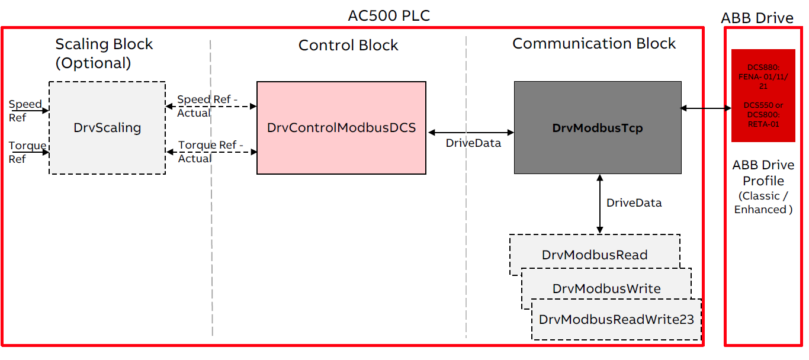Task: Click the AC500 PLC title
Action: (x=389, y=15)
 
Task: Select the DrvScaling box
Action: (x=107, y=127)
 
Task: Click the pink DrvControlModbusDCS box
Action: (x=341, y=127)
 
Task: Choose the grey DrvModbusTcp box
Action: (x=597, y=128)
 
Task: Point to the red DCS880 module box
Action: (x=763, y=95)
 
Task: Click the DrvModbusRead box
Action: (x=594, y=255)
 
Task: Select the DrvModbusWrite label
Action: (x=606, y=288)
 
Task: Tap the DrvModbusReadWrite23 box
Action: (x=616, y=320)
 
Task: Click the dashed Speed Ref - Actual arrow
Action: (x=211, y=107)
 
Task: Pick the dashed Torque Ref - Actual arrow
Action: (x=211, y=152)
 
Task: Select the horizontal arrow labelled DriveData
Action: (x=470, y=133)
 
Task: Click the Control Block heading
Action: (x=348, y=46)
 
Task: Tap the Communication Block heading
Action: (x=593, y=44)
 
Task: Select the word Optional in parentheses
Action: (x=93, y=63)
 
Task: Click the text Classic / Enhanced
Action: (x=763, y=202)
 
